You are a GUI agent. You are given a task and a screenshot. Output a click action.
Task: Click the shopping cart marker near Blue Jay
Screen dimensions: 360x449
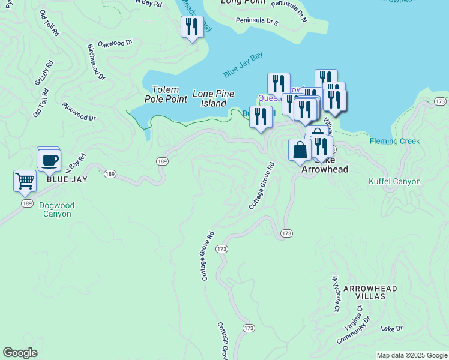(x=25, y=181)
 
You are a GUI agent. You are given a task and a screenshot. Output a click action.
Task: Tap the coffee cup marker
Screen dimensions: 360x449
(x=49, y=160)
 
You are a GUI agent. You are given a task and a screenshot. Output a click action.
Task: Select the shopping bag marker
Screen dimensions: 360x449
(x=300, y=151)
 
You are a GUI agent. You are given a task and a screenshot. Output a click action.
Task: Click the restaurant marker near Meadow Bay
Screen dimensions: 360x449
(x=192, y=27)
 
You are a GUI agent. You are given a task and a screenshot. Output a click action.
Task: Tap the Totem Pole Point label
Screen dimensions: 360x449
(x=166, y=94)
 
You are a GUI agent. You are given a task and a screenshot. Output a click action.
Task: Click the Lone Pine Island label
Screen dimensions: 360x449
(x=213, y=98)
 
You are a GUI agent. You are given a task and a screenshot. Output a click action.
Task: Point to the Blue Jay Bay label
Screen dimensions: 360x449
(x=243, y=66)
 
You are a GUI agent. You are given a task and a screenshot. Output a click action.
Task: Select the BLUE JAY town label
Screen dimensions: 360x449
(x=67, y=179)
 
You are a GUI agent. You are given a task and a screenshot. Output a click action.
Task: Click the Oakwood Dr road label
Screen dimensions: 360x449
(x=115, y=43)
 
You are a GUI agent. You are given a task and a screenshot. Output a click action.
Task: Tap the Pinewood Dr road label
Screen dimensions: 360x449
(x=79, y=111)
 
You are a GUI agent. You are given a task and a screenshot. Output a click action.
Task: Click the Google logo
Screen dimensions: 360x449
(x=20, y=353)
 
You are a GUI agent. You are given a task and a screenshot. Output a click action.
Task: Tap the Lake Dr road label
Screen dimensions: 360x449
(x=391, y=329)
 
